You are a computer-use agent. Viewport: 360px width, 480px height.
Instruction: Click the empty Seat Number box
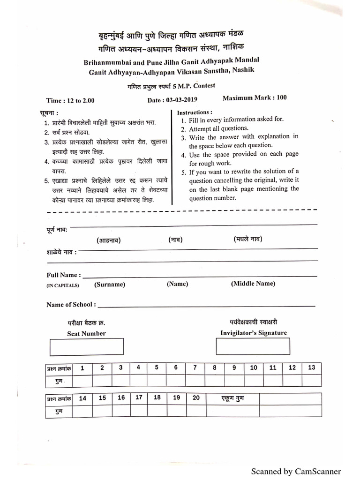point(87,347)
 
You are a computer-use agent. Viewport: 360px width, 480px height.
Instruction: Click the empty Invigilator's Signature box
point(253,346)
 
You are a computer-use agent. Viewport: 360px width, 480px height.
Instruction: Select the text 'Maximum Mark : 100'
point(255,98)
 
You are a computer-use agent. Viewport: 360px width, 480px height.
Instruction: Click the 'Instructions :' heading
point(195,112)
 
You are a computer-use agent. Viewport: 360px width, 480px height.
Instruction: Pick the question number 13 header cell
point(312,368)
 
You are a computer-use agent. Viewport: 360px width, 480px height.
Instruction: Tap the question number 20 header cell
point(196,398)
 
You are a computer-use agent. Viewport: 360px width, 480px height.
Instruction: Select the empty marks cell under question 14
point(82,411)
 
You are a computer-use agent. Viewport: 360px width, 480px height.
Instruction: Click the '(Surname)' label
point(110,284)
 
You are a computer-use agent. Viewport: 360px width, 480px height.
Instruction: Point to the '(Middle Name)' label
point(253,284)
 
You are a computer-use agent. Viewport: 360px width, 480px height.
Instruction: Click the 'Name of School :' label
point(71,304)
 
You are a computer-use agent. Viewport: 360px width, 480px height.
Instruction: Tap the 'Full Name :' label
point(63,275)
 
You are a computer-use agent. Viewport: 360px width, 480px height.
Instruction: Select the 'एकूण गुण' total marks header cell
point(232,398)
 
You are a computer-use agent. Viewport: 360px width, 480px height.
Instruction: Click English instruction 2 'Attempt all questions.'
point(219,128)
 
